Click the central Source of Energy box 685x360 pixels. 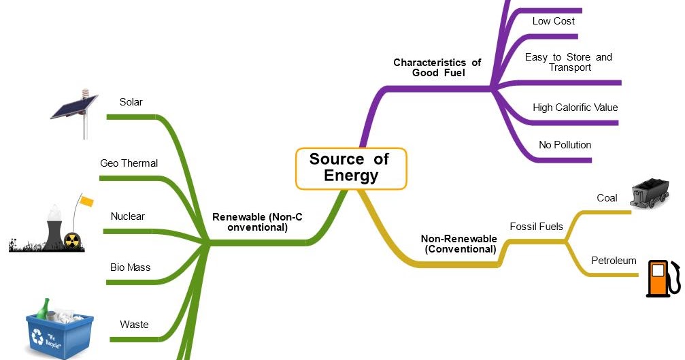click(350, 167)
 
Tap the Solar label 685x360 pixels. click(131, 102)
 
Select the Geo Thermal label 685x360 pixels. click(129, 163)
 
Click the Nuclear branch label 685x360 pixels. click(128, 216)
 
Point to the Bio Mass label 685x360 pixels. click(130, 267)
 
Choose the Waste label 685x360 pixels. click(134, 325)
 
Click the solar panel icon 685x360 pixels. click(75, 109)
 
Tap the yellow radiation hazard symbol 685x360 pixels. click(72, 240)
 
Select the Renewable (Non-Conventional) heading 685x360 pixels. click(257, 222)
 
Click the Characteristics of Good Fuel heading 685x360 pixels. click(437, 67)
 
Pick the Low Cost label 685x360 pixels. click(553, 21)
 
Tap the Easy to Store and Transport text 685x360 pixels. click(569, 62)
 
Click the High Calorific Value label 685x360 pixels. click(575, 108)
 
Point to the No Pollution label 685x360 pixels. click(565, 145)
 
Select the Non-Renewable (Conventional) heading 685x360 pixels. click(459, 244)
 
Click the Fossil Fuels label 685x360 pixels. click(536, 226)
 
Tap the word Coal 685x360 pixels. click(607, 198)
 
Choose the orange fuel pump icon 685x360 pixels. click(661, 279)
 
